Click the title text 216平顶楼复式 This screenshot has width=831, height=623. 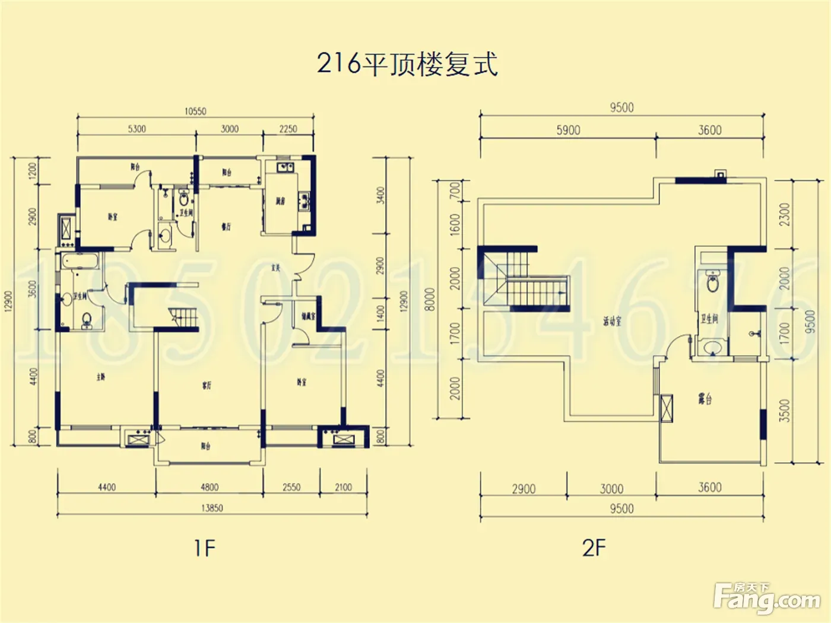(x=407, y=64)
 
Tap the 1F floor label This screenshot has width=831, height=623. (x=204, y=548)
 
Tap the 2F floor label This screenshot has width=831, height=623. (x=594, y=548)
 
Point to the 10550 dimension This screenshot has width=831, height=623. (x=195, y=111)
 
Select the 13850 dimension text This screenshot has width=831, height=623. (x=212, y=508)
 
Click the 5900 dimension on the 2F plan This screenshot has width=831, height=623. (x=568, y=130)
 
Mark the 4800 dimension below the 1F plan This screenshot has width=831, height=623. (x=210, y=487)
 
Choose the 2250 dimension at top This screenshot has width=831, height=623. (x=288, y=129)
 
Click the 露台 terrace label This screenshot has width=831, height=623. (x=705, y=399)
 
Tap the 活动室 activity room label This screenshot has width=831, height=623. (x=612, y=322)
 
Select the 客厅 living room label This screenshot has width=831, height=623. (x=207, y=386)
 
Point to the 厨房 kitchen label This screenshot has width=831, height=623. (x=280, y=202)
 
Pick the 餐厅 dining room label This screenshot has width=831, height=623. (x=226, y=227)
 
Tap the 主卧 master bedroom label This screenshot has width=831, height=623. (x=101, y=377)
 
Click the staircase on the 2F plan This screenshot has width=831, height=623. (x=531, y=291)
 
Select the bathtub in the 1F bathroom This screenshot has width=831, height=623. (x=77, y=262)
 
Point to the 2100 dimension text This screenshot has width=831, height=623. (x=343, y=487)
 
